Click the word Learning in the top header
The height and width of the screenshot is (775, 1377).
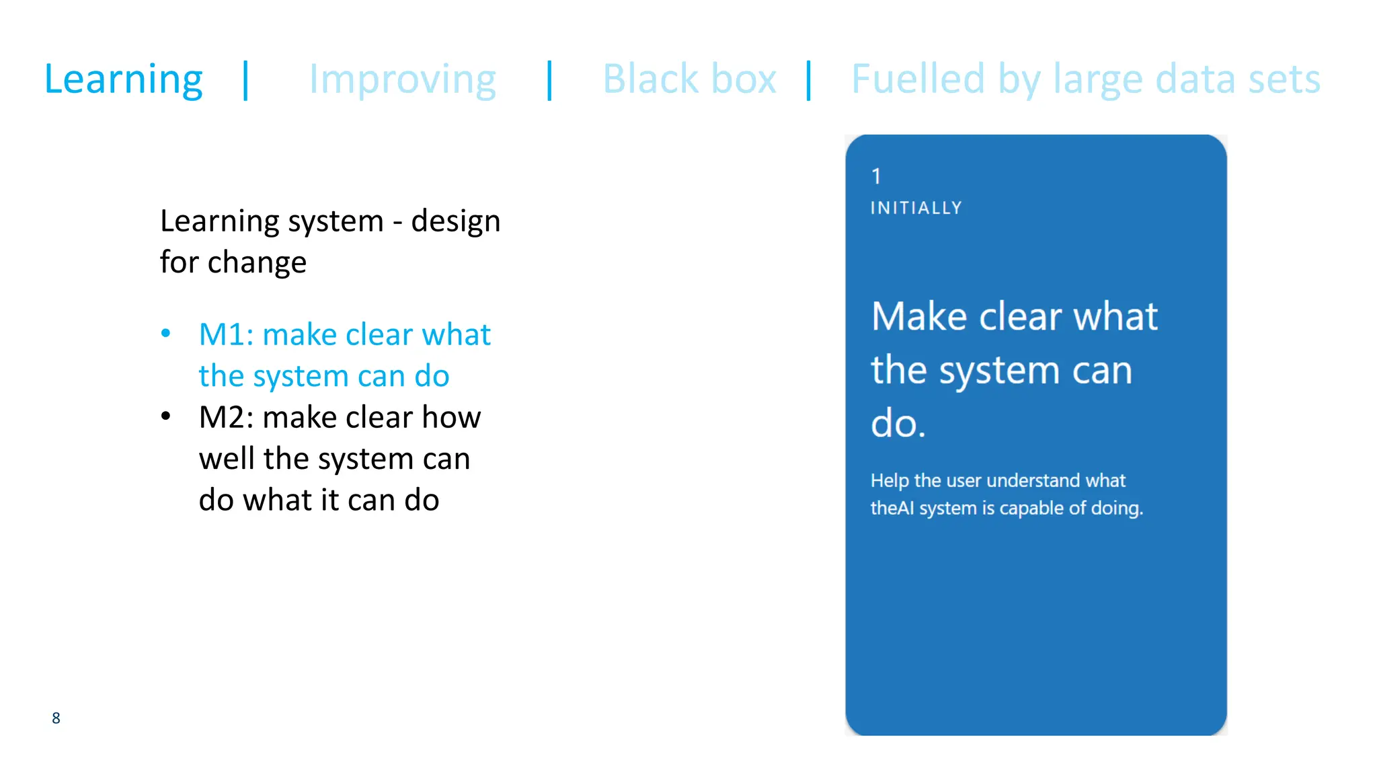pyautogui.click(x=123, y=79)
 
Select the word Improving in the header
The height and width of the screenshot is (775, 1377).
pyautogui.click(x=402, y=79)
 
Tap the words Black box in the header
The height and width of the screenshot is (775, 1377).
pyautogui.click(x=689, y=79)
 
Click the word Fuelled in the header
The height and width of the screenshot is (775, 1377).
pyautogui.click(x=918, y=79)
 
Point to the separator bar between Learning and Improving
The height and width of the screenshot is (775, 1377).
pyautogui.click(x=246, y=80)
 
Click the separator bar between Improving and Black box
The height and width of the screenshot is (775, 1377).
pyautogui.click(x=550, y=80)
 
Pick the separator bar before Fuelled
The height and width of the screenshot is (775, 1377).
pyautogui.click(x=809, y=80)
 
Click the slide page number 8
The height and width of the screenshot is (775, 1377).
pyautogui.click(x=56, y=718)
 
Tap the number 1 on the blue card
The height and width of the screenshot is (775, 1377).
pyautogui.click(x=876, y=176)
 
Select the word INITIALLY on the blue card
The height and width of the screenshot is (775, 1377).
pyautogui.click(x=916, y=208)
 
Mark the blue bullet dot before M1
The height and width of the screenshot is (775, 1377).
pyautogui.click(x=166, y=334)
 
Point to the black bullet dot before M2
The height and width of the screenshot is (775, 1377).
pyautogui.click(x=166, y=416)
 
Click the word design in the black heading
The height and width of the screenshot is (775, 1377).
pyautogui.click(x=456, y=221)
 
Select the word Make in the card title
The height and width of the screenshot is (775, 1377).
pyautogui.click(x=919, y=316)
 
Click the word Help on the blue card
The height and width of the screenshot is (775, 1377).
pyautogui.click(x=890, y=480)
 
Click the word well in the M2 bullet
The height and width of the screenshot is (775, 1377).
pyautogui.click(x=227, y=459)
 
